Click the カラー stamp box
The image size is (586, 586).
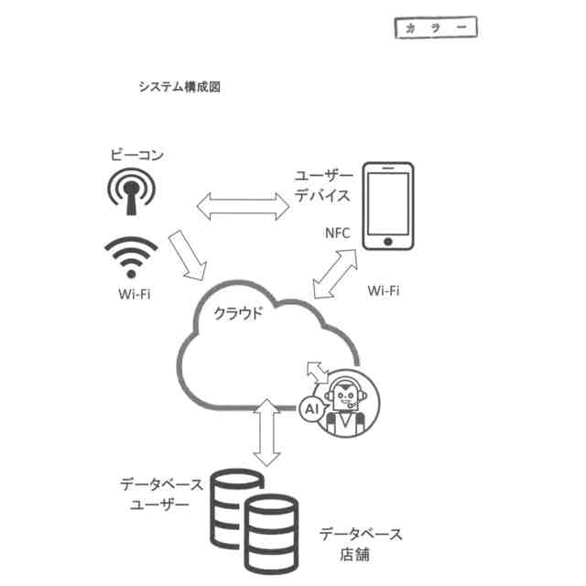pyautogui.click(x=436, y=28)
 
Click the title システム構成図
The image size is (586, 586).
pyautogui.click(x=179, y=88)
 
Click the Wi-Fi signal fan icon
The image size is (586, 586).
pyautogui.click(x=132, y=256)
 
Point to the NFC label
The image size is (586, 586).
pyautogui.click(x=338, y=233)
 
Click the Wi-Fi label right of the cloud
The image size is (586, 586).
pyautogui.click(x=384, y=291)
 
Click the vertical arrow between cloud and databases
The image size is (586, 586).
pyautogui.click(x=266, y=429)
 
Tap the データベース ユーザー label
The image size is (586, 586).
pyautogui.click(x=155, y=494)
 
